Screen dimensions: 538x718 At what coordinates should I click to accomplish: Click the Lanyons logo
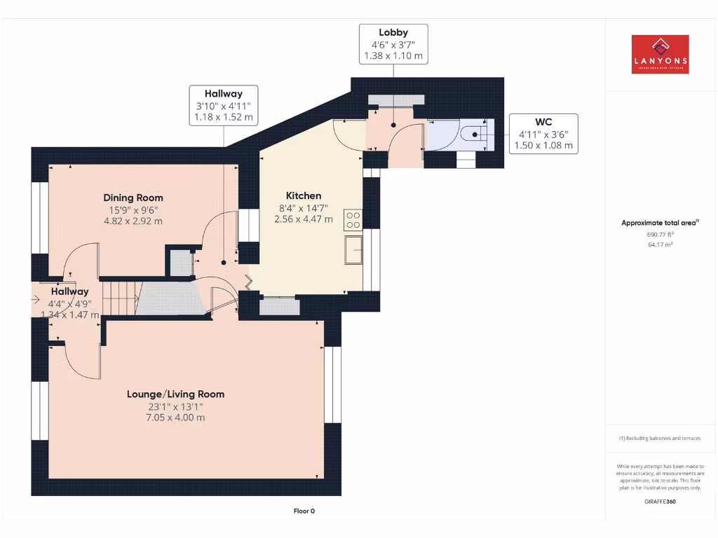tap(660, 55)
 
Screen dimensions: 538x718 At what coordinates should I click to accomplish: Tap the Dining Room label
tap(133, 198)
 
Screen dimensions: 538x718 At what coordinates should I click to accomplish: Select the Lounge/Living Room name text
tap(175, 394)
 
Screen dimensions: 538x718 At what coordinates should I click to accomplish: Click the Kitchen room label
tap(304, 195)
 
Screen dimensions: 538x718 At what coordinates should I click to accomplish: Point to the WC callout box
tap(543, 133)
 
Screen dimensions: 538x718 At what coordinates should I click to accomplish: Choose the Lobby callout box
tap(393, 43)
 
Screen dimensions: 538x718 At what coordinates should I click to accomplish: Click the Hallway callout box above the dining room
tap(224, 105)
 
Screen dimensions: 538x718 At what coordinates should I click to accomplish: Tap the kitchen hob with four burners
tap(353, 220)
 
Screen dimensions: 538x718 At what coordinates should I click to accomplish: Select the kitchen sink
tap(353, 250)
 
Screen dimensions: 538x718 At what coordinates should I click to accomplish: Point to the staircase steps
tap(119, 297)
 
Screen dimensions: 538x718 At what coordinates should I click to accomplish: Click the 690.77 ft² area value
tap(660, 235)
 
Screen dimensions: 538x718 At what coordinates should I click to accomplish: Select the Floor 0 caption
tap(304, 511)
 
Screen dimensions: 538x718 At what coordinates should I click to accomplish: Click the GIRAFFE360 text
tap(660, 502)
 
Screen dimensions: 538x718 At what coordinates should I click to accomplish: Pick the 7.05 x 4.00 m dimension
tap(175, 418)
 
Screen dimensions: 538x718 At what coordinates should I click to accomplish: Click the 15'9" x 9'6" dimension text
tap(133, 209)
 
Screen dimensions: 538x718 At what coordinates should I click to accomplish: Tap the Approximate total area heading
tap(659, 223)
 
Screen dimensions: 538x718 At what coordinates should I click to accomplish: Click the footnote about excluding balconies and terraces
tap(659, 439)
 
